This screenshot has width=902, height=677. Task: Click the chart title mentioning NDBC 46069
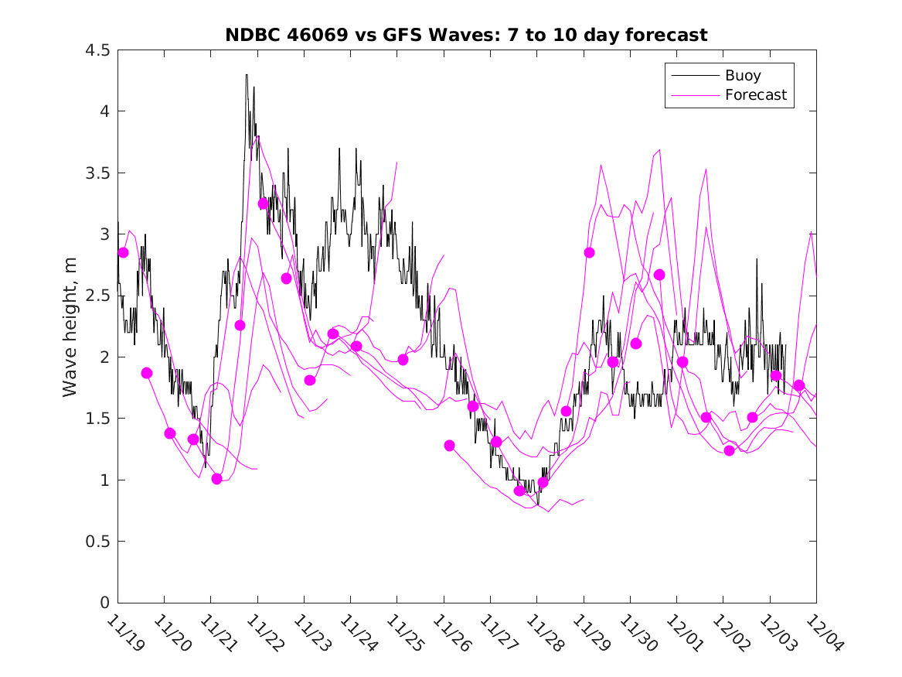(x=466, y=36)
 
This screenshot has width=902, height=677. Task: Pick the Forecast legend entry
(x=755, y=95)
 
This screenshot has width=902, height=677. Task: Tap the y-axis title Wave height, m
(x=71, y=327)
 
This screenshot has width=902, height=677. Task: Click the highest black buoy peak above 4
(x=247, y=75)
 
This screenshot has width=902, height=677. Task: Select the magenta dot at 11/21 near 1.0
(x=217, y=479)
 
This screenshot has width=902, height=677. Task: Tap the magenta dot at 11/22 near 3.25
(x=263, y=203)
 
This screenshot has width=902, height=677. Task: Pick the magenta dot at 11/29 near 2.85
(x=590, y=253)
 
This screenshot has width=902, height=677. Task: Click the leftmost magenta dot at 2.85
(x=123, y=253)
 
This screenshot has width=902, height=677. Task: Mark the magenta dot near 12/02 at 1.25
(x=729, y=450)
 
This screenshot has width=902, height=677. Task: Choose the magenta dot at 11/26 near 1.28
(x=449, y=446)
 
